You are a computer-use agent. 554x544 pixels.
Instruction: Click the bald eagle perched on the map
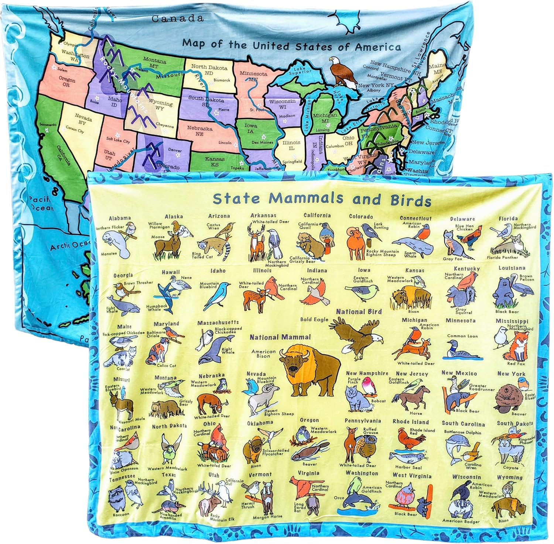pos(338,72)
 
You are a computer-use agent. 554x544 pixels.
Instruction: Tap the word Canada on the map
pos(178,18)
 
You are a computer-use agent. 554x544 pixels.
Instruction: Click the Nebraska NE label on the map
pos(200,131)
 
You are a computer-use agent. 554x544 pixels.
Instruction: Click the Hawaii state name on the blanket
pos(171,272)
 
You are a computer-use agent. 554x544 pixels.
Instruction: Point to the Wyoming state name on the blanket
pos(510,477)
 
